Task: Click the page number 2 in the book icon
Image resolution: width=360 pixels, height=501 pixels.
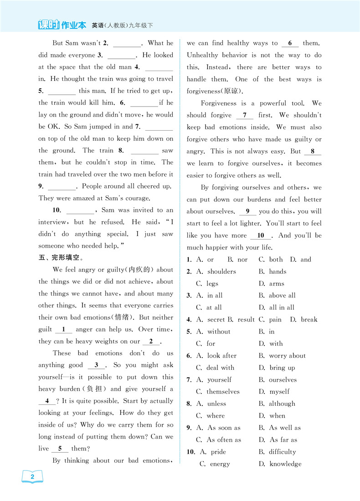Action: point(32,477)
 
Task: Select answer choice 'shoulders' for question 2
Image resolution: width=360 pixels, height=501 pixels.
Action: point(221,271)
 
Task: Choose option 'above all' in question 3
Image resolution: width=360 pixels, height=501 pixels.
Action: point(282,296)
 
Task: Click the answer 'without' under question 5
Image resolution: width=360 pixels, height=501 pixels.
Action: point(219,332)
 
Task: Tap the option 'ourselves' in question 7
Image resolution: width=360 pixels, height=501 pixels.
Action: point(283,380)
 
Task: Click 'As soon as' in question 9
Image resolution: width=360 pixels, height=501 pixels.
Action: point(224,428)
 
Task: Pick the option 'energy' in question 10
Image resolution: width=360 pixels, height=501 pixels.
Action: point(220,464)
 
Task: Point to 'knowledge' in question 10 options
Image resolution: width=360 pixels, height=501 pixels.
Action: point(285,464)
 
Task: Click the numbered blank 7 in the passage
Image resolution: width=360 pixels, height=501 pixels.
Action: point(245,115)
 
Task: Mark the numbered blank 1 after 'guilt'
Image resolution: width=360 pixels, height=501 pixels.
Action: point(63,329)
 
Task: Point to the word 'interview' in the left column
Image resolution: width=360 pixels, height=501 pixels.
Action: point(52,222)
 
